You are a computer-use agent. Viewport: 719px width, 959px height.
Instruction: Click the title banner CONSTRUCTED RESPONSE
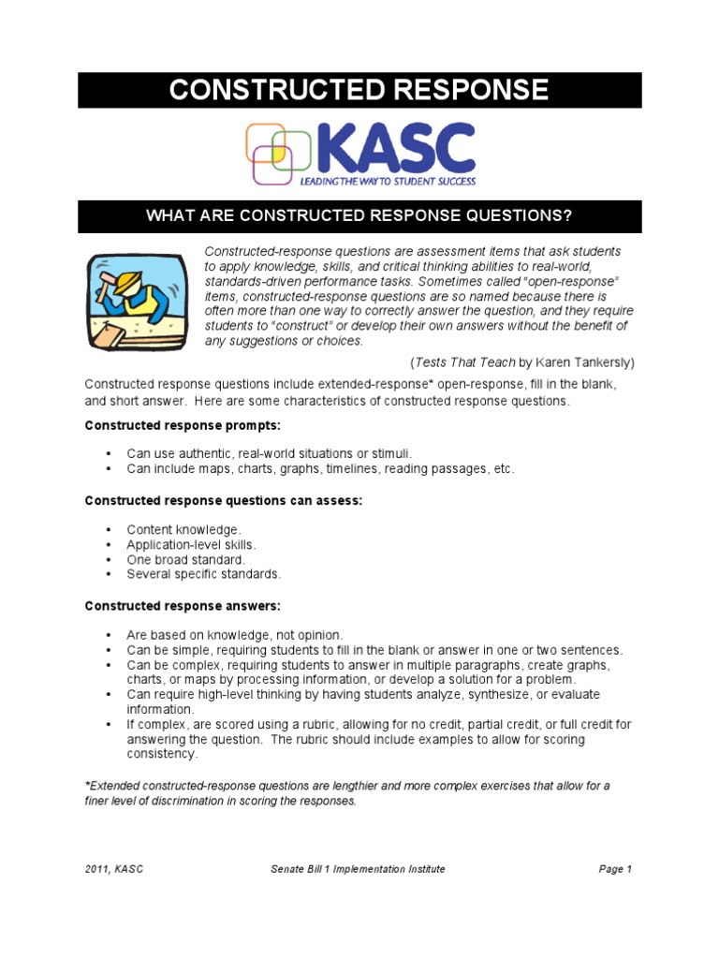coord(359,90)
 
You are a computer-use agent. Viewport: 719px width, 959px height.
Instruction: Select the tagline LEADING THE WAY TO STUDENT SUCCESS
coord(388,180)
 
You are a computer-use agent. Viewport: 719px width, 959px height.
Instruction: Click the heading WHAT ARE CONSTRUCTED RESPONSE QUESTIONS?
coord(359,216)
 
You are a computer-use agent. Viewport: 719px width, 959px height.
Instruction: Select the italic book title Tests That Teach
coord(455,361)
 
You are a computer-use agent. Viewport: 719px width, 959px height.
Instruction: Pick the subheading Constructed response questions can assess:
coord(223,501)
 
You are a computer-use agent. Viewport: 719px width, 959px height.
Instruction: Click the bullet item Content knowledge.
coord(183,529)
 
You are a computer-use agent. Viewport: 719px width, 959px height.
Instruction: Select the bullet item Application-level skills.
coord(191,544)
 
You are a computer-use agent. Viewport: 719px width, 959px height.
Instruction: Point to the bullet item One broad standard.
coord(185,559)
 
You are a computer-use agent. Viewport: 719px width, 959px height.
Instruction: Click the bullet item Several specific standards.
coord(203,574)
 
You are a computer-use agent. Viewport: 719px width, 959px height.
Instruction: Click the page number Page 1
coord(615,869)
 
